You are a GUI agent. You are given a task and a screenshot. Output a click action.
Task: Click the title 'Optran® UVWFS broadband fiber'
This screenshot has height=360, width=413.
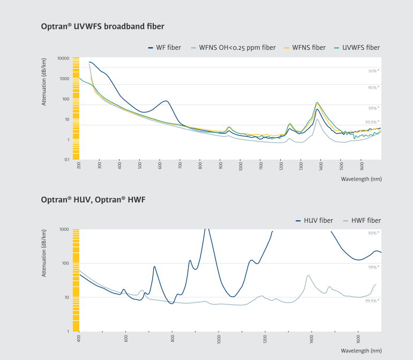[103, 26]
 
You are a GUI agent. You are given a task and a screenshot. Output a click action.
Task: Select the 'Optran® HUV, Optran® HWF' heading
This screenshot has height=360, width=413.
[93, 199]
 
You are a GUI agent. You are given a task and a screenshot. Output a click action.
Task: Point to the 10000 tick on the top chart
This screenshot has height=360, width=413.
[63, 58]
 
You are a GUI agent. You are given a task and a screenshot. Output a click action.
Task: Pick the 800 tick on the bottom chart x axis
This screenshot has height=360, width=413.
[172, 339]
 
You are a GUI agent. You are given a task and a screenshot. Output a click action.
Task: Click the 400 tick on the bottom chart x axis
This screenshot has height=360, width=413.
[79, 339]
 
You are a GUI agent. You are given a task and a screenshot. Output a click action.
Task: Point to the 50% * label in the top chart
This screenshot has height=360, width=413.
[373, 71]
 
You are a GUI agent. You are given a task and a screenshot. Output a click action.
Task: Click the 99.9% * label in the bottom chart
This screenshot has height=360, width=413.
[372, 301]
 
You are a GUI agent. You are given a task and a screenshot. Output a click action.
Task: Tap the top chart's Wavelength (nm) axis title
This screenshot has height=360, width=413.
[361, 179]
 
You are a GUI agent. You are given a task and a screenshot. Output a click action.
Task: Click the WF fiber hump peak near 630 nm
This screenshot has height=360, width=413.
[166, 101]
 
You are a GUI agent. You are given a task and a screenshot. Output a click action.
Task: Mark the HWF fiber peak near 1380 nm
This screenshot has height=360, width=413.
[309, 275]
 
